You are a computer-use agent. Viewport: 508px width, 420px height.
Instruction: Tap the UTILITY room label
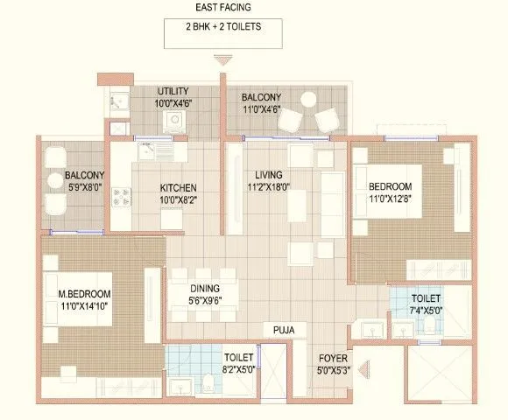(173, 91)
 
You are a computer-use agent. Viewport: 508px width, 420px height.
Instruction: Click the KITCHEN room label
(178, 187)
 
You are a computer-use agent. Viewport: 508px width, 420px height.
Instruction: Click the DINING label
(202, 289)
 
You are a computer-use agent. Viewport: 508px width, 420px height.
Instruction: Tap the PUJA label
(282, 330)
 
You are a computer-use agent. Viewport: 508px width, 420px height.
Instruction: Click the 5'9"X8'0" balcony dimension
(85, 186)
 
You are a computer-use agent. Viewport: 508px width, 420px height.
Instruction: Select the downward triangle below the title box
(223, 60)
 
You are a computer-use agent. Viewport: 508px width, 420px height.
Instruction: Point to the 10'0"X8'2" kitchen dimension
(178, 200)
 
